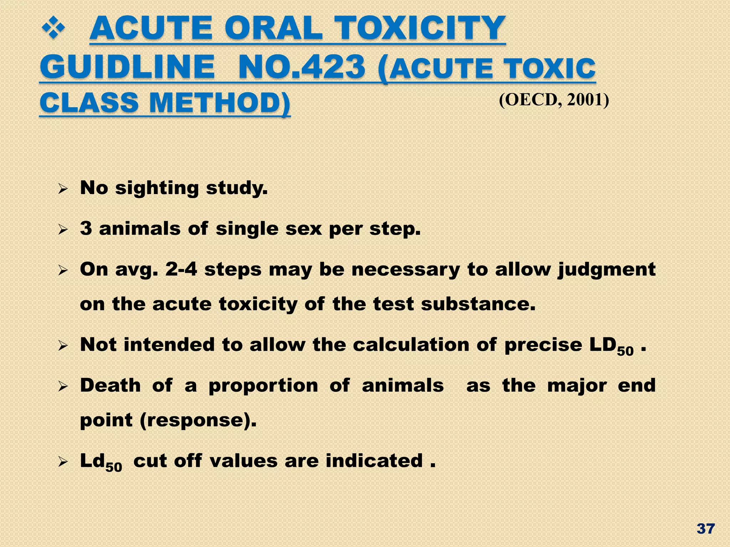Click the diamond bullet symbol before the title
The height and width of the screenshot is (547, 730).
[53, 28]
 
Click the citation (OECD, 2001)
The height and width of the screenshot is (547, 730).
[554, 100]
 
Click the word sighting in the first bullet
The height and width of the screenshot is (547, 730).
[157, 188]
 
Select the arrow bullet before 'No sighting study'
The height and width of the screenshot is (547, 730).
[63, 189]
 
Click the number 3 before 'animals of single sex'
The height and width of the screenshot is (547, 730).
[86, 228]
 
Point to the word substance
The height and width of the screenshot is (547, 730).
[478, 304]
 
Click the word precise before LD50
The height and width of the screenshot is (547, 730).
[543, 345]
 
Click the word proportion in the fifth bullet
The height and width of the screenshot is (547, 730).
[263, 385]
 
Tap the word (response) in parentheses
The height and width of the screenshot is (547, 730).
[198, 420]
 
